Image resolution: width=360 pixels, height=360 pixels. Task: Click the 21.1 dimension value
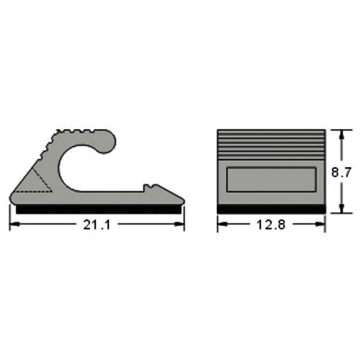pos(97,225)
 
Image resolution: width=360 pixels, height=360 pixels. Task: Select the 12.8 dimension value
pos(271,225)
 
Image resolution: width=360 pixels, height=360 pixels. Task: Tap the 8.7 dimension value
pos(341,172)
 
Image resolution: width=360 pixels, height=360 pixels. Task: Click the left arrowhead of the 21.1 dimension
pos(14,224)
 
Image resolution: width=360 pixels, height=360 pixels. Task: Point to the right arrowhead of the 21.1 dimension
pos(179,224)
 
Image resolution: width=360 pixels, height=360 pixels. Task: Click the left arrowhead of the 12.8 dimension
pos(223,224)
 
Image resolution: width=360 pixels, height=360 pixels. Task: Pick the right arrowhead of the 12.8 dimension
pos(320,224)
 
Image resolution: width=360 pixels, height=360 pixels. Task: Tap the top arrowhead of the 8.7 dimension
pos(341,135)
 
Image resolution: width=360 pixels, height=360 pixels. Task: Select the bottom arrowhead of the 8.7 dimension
pos(341,208)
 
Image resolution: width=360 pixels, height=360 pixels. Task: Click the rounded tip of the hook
pos(107,142)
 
